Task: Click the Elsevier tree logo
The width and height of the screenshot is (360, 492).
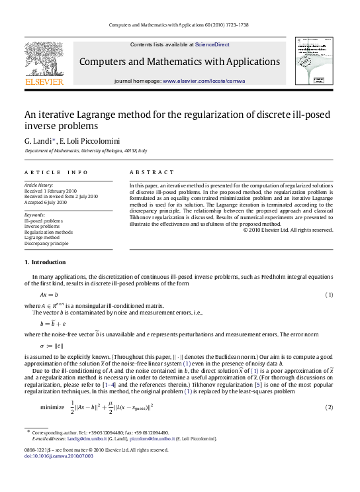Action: click(x=44, y=60)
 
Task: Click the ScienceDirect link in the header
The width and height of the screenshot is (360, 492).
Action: click(x=212, y=44)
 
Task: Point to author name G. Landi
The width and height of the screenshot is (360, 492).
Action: click(x=38, y=141)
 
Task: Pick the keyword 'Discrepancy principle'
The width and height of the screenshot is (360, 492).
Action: click(x=46, y=244)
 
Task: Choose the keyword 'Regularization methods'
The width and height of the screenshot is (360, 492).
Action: click(x=48, y=232)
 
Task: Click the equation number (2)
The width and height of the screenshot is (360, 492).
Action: click(x=328, y=406)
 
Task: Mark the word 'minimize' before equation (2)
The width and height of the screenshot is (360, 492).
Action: click(x=52, y=406)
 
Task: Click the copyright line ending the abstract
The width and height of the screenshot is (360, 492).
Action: click(x=288, y=230)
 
